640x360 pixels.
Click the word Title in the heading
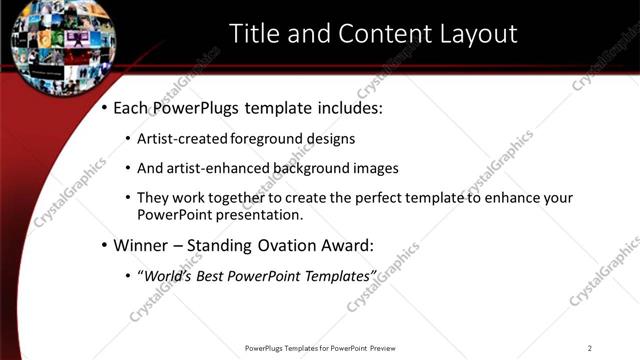pyautogui.click(x=253, y=34)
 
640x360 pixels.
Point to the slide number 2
pyautogui.click(x=590, y=348)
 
